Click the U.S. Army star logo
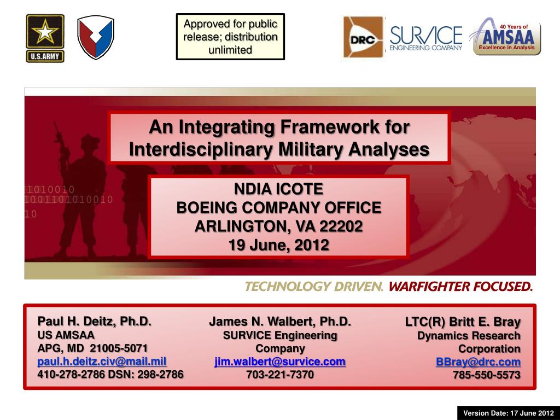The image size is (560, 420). pos(45,38)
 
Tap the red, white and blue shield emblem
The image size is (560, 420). pos(96,37)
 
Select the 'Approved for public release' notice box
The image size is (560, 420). pos(230,37)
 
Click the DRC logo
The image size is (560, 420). pos(363,37)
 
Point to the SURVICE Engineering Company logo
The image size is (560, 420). pos(426,38)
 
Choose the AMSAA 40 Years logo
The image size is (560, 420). pos(506,37)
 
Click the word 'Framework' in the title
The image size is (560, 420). pos(330,127)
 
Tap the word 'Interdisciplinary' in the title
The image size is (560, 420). pos(201,149)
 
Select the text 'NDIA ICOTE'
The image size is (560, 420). pos(278,189)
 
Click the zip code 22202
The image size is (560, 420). pos(341,226)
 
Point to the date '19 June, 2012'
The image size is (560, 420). pos(278,245)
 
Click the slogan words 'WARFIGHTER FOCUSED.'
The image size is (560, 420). pos(460,287)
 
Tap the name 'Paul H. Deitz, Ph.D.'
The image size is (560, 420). pos(94,321)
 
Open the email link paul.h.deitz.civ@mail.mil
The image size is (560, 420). pos(102,361)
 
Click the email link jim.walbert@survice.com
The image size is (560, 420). pos(280,361)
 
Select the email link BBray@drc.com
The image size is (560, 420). pos(478,362)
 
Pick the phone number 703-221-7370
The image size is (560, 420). pos(280,375)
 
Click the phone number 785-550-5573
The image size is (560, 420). pos(487,375)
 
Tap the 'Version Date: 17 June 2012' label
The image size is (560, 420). pos(509,413)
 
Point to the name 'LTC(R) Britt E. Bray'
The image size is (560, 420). pos(463,322)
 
